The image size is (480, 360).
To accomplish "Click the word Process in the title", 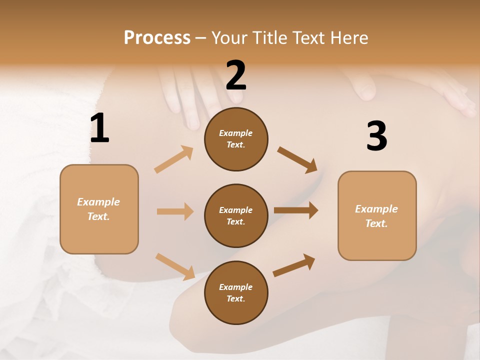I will point(157,38).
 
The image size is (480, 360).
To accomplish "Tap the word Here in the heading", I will point(348,38).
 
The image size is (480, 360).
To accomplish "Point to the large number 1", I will point(99,128).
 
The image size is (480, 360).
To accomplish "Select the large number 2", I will point(236,75).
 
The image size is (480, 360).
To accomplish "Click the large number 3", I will point(376,136).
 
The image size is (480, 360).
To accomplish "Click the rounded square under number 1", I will point(99,209).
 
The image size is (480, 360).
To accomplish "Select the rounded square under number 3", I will point(377,216).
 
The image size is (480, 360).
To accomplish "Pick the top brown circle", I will point(236,139).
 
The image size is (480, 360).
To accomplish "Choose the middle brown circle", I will point(236,216).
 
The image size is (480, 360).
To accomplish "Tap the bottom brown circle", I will point(236,293).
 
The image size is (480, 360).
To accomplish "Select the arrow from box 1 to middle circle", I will point(175,211).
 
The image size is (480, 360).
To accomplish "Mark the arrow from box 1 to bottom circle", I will point(175,266).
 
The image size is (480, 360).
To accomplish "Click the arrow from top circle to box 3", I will point(297,159).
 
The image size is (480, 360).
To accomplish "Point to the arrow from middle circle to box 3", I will point(296,210).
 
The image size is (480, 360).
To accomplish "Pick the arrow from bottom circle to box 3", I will point(294,265).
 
